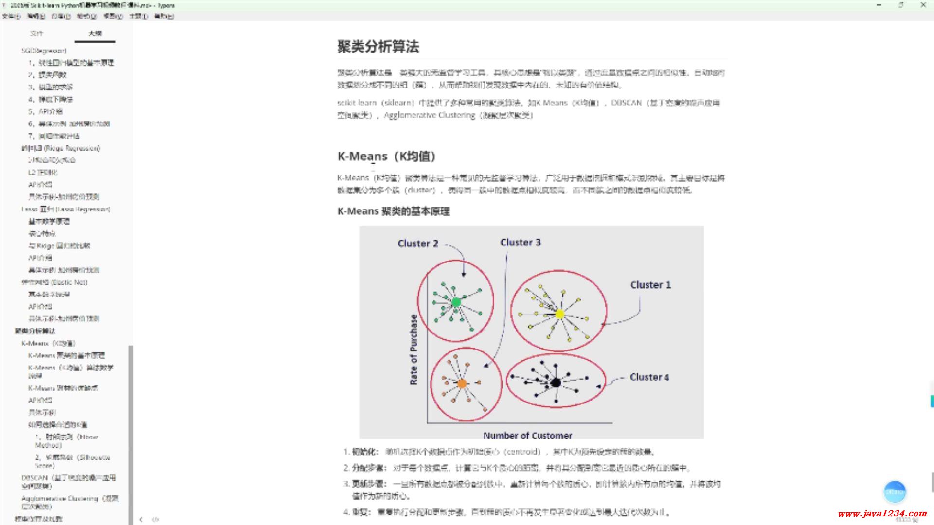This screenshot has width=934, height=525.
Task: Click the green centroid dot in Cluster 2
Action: pos(456,302)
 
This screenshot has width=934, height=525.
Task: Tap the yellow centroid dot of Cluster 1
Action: pos(560,314)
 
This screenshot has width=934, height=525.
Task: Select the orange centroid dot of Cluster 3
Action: pos(462,384)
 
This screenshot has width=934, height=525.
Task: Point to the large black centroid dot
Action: pos(556,383)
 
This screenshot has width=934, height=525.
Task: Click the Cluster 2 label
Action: pos(418,244)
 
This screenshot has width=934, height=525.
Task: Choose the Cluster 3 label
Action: pos(521,242)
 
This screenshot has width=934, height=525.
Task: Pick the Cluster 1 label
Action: pos(650,285)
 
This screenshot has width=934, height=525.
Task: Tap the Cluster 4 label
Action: pos(649,377)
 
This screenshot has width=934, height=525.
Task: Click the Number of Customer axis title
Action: pos(527,436)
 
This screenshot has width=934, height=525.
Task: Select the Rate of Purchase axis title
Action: pos(413,350)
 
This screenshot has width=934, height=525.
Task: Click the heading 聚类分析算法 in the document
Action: pos(378,47)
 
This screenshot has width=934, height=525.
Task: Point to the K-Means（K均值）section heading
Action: pos(386,157)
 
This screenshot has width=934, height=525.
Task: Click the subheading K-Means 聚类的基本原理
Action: pos(393,211)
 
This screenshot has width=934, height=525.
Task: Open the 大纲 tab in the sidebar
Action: pos(95,34)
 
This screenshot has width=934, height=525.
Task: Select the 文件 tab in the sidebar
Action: pos(36,34)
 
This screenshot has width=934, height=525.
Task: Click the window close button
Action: pos(923,5)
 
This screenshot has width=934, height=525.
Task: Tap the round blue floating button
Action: pos(895,492)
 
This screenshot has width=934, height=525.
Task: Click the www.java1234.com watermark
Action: pos(882,513)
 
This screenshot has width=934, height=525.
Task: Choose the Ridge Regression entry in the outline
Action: pos(61,148)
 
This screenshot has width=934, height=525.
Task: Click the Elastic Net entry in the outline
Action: pos(54,282)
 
